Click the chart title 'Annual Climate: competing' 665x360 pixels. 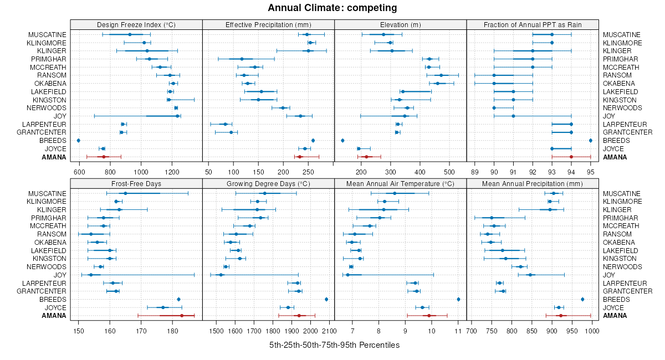332,8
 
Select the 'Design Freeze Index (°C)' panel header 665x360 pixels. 136,24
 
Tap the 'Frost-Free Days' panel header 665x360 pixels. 136,183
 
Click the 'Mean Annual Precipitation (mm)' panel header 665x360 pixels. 533,183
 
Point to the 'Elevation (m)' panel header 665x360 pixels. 401,24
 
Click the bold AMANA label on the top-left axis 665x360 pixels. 54,157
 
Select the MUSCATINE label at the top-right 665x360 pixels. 622,35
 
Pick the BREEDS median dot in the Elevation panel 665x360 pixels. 342,141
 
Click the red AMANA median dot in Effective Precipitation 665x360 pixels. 300,157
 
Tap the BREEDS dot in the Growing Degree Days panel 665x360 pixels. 326,299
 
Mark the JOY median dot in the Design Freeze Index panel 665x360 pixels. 177,116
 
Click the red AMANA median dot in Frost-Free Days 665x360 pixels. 182,316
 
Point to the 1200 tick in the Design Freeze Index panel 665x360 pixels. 172,172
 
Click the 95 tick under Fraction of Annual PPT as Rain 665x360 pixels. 590,172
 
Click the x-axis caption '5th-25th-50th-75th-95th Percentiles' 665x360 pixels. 334,345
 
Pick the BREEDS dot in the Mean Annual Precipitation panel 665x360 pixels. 582,299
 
